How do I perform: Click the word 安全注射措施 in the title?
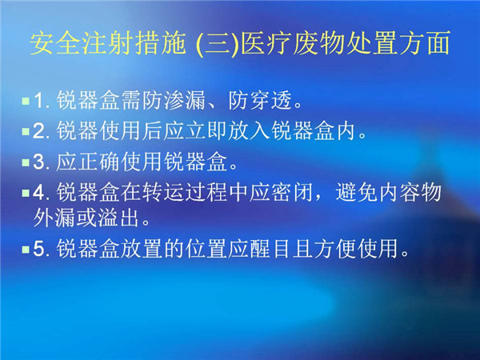108,43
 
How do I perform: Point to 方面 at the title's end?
423,43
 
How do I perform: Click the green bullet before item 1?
26,101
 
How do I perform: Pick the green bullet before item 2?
26,131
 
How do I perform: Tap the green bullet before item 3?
26,162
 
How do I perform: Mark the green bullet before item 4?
26,193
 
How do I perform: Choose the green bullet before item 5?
26,249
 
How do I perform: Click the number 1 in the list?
38,100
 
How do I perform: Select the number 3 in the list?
38,162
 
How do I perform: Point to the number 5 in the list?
38,249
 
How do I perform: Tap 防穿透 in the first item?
260,100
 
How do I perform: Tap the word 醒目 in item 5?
270,249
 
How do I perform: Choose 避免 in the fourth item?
356,193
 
